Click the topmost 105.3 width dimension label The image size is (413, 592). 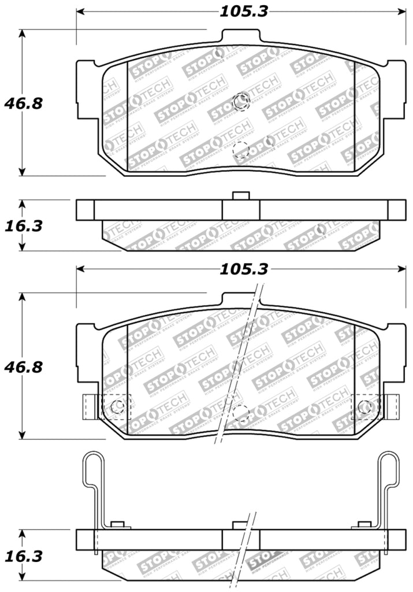click(243, 11)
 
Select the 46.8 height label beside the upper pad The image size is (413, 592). click(24, 103)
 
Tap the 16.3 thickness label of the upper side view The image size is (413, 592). click(24, 225)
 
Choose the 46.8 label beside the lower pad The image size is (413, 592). click(24, 367)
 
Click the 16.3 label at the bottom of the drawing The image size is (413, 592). click(24, 556)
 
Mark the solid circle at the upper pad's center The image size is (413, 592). click(240, 102)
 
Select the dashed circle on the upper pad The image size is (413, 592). click(240, 150)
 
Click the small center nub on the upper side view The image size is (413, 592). click(240, 195)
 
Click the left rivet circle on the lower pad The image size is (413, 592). click(117, 406)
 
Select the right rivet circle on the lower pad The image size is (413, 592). click(364, 406)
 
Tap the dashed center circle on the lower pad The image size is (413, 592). click(240, 413)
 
